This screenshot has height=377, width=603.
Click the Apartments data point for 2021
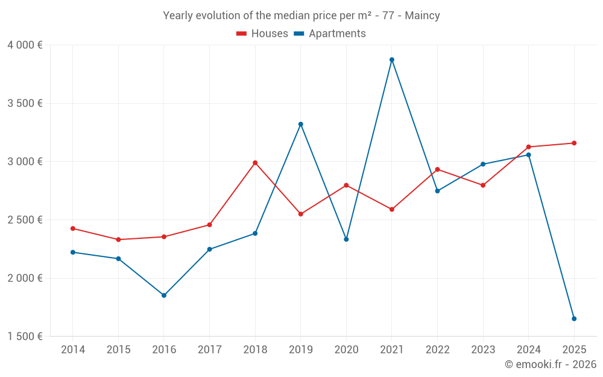[x=392, y=60]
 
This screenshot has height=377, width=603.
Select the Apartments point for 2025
[x=574, y=318]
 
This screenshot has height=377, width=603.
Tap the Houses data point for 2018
[x=255, y=163]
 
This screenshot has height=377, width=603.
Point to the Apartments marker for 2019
[x=301, y=124]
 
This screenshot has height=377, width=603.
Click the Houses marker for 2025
[x=574, y=143]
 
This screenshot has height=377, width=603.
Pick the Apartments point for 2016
[x=164, y=296]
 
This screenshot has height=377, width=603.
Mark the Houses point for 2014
[x=73, y=229]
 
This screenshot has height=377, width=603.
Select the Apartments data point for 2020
[x=346, y=239]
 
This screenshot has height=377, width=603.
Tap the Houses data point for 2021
[x=392, y=209]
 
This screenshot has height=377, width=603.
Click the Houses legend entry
[x=262, y=34]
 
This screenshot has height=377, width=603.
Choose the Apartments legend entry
[x=330, y=34]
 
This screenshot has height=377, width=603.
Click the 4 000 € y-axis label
[x=25, y=45]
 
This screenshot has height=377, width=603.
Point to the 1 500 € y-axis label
[x=25, y=337]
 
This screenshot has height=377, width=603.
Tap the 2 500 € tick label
[x=25, y=220]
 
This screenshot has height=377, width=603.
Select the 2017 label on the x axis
[x=209, y=350]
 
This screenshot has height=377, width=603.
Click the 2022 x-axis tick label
[x=437, y=350]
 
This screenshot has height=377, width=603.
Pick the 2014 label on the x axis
[x=73, y=350]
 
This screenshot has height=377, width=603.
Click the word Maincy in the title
[x=422, y=16]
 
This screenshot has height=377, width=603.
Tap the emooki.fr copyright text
[x=550, y=364]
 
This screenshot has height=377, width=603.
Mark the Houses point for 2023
[x=483, y=185]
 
